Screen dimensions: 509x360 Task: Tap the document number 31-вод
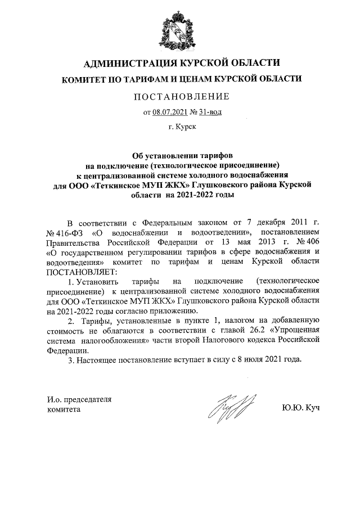(210, 112)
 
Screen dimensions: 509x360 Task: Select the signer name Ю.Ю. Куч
(301, 406)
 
